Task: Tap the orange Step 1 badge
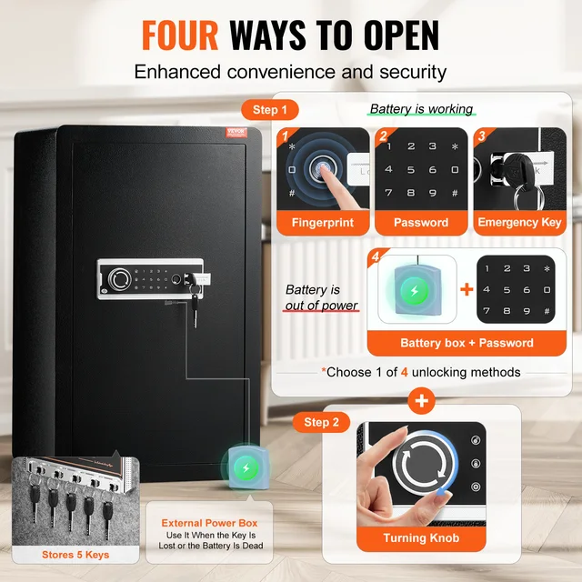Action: (270, 110)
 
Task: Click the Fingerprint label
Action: (322, 223)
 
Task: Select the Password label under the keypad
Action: (421, 223)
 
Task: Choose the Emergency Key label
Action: (519, 223)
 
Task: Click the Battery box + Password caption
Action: (467, 343)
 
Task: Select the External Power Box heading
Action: (210, 523)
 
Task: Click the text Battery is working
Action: (421, 109)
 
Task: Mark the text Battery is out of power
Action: (321, 297)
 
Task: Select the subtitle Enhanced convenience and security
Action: (290, 71)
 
